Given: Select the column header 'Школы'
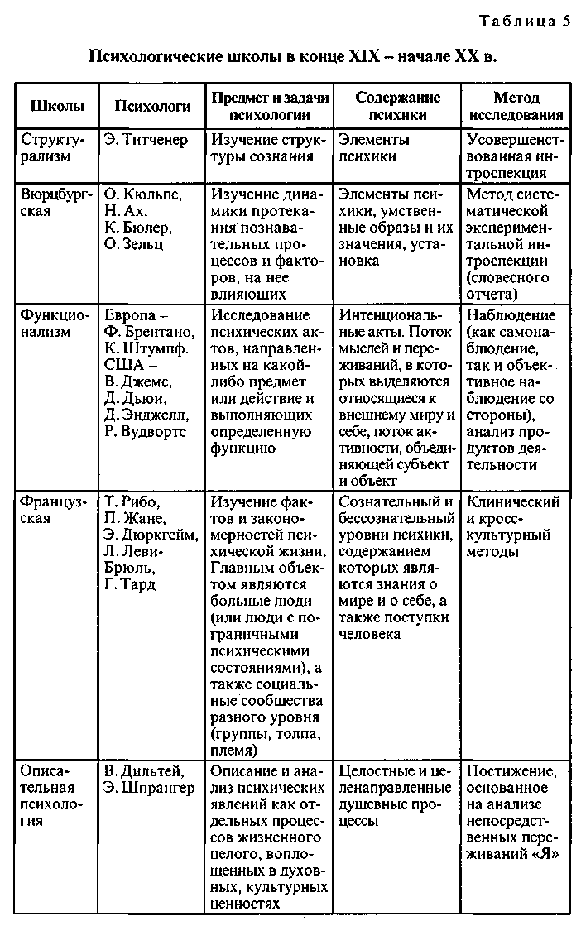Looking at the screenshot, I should point(56,106).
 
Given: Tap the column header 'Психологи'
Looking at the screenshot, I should point(152,106).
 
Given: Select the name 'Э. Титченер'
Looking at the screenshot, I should point(146,140).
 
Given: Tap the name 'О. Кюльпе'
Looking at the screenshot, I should point(143,194).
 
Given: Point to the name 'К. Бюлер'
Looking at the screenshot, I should point(138,228).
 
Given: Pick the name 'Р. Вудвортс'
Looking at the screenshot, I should point(146,431).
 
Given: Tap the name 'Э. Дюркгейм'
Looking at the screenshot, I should point(151,535).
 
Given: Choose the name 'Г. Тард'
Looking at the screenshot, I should point(132,585).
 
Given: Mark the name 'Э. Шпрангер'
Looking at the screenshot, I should point(150,788).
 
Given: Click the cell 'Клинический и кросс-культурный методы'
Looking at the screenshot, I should point(513,527).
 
